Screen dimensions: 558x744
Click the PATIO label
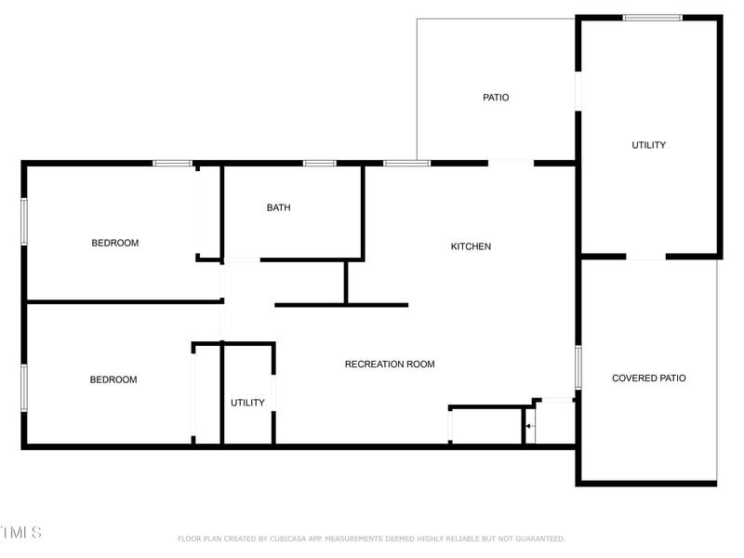(x=496, y=98)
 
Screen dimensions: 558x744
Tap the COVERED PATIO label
(x=648, y=379)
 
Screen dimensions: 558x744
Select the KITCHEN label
(x=471, y=246)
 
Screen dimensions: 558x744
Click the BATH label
(x=278, y=207)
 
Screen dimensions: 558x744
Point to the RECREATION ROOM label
(x=390, y=365)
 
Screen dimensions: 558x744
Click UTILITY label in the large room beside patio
(x=648, y=145)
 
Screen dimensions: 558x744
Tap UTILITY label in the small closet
(x=247, y=403)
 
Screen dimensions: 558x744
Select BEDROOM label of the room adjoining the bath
(x=114, y=243)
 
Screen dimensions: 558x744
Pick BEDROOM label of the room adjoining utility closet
(x=113, y=379)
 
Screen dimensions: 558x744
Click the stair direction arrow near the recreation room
(x=528, y=427)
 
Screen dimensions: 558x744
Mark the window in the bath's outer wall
(x=319, y=164)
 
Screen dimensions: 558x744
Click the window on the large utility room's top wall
(x=652, y=18)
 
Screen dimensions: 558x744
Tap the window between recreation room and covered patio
(x=578, y=367)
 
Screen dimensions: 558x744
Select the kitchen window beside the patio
(x=406, y=164)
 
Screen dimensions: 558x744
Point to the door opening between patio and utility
(x=578, y=91)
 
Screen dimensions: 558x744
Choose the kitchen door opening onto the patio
(x=511, y=164)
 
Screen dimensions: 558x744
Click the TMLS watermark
(x=20, y=533)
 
